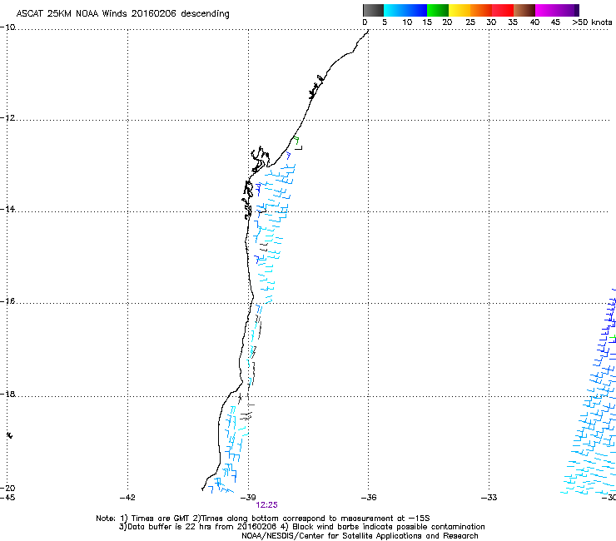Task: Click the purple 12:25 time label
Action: [x=266, y=504]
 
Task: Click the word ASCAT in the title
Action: [x=30, y=14]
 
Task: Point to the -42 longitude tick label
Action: [x=127, y=497]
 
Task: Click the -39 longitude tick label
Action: [x=248, y=497]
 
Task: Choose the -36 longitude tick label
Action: [x=369, y=497]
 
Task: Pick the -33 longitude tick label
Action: [x=489, y=497]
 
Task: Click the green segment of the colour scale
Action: [x=438, y=10]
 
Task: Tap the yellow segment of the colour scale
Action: [x=460, y=10]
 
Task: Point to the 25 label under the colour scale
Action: [x=470, y=22]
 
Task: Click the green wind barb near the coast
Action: [x=296, y=141]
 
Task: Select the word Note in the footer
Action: [x=105, y=518]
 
